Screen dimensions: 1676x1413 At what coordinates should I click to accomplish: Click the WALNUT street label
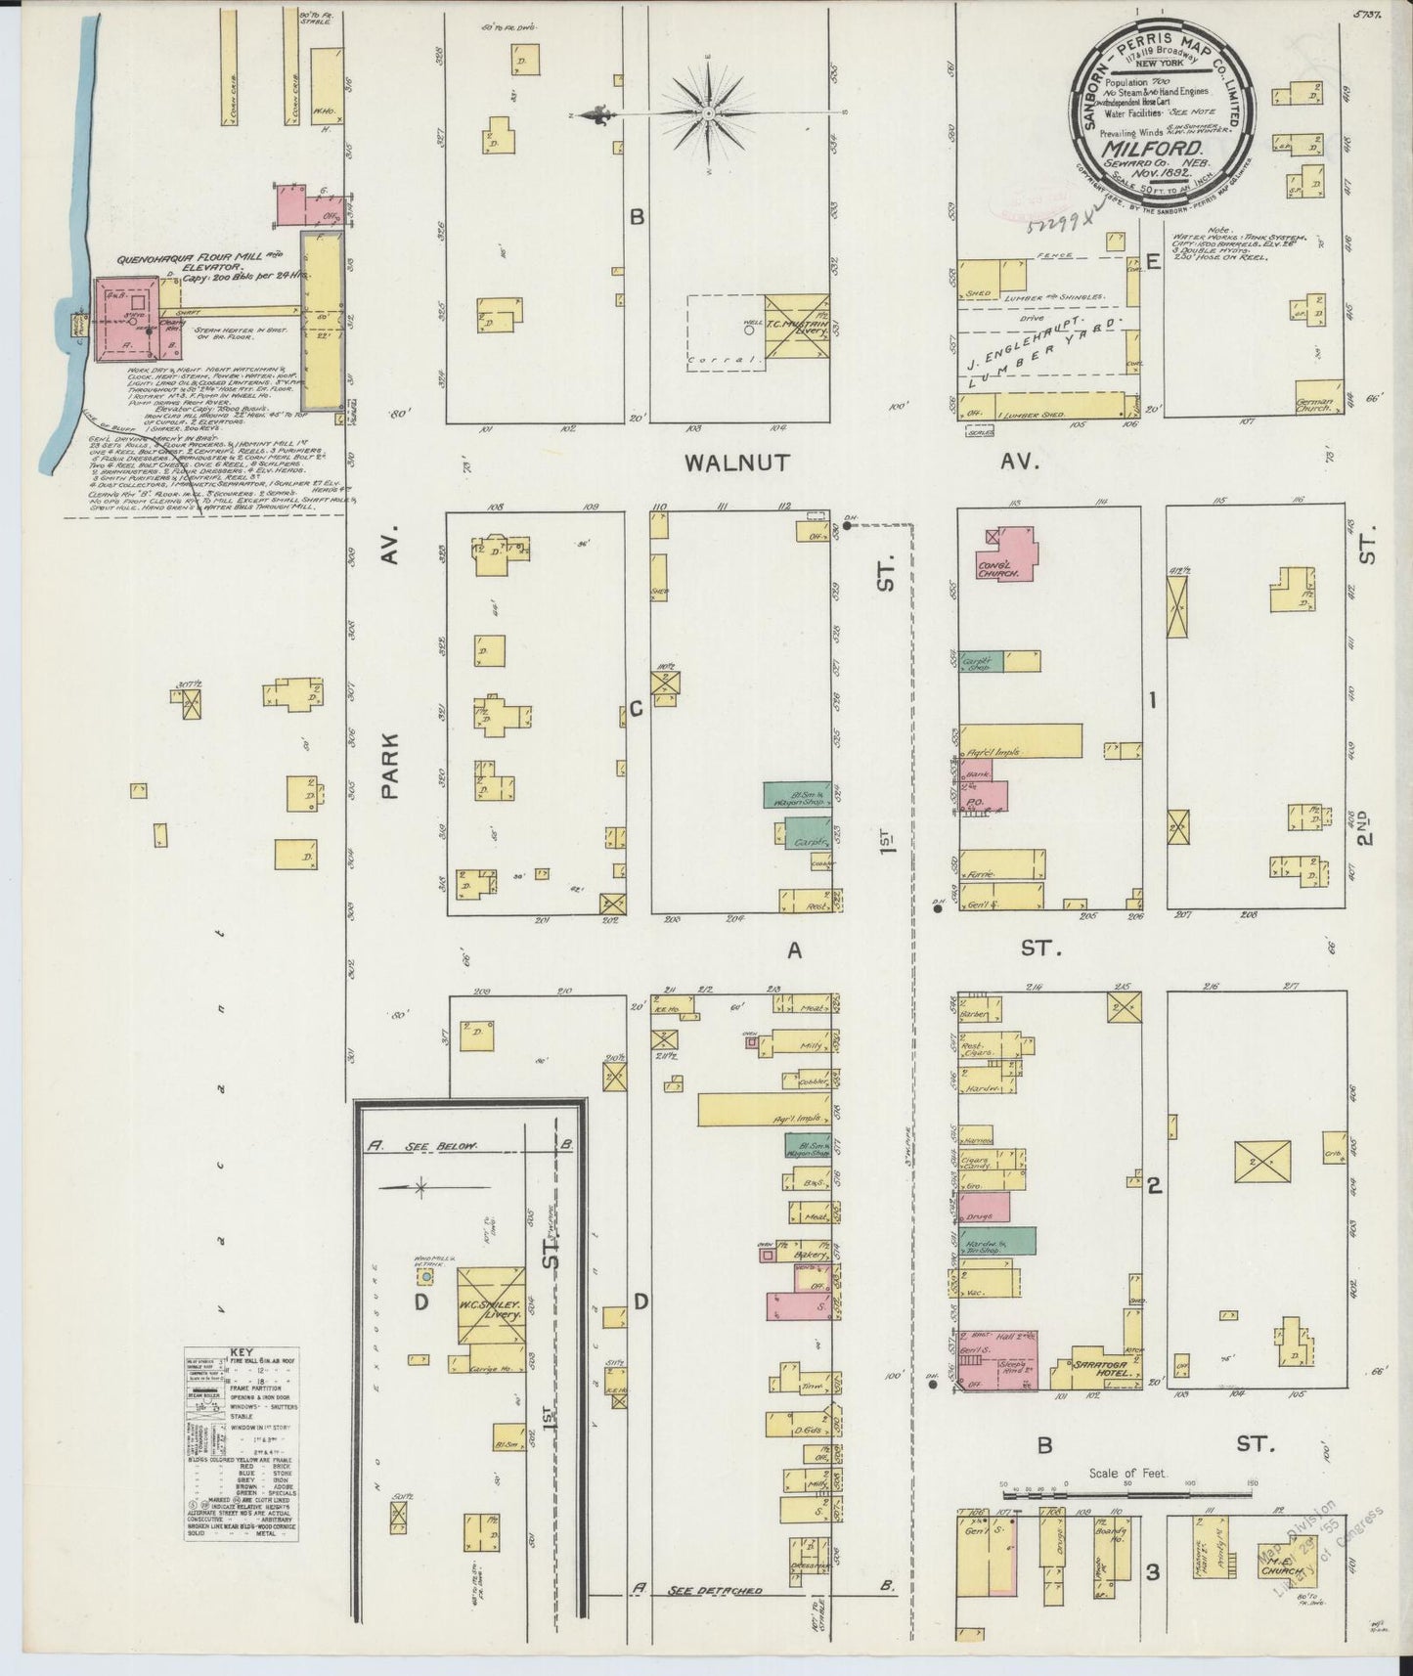(x=736, y=463)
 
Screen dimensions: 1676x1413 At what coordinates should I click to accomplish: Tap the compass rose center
(x=722, y=112)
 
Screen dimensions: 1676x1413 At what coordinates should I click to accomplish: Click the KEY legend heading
(x=242, y=1354)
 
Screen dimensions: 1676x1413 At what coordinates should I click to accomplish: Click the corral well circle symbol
(x=749, y=331)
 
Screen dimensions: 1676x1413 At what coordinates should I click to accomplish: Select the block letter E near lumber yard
(x=1154, y=262)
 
